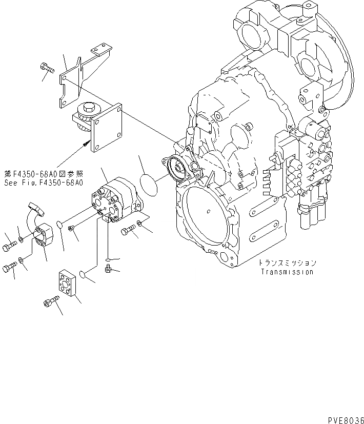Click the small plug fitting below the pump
click(x=107, y=269)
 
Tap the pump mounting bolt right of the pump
click(x=128, y=232)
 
